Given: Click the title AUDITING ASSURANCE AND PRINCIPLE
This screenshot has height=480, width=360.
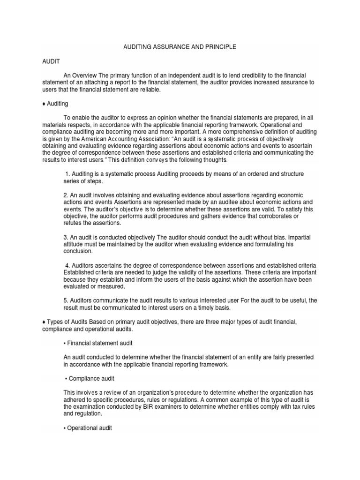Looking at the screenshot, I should (x=180, y=47).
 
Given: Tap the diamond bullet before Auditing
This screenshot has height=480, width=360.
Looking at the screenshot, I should (x=44, y=104).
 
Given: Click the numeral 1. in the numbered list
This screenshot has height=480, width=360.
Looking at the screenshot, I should (x=67, y=174).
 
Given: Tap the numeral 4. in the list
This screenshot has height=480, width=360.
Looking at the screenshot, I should (x=67, y=265).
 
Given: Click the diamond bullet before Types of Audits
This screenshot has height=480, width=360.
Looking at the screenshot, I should (x=44, y=322).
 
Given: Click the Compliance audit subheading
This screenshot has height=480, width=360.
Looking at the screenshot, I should (x=91, y=378).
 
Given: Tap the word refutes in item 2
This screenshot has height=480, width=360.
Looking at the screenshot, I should (x=72, y=223).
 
